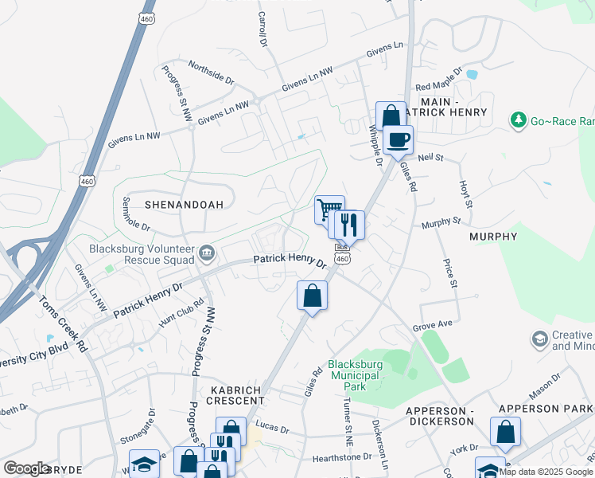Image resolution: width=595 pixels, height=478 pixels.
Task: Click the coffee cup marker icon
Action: point(398,139)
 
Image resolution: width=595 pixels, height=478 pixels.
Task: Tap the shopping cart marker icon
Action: point(329,210)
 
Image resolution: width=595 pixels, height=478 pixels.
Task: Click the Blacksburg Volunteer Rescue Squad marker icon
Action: point(207,253)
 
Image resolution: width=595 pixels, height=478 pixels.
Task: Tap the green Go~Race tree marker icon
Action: point(519,120)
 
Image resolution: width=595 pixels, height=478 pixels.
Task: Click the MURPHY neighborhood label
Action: point(493,237)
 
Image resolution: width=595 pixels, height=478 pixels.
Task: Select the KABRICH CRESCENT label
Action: point(237,394)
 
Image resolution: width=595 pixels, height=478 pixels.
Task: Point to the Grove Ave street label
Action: point(433,326)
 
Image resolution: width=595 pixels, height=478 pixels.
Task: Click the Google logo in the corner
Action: point(26,468)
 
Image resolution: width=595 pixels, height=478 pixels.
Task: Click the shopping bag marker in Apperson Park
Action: point(505,432)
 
